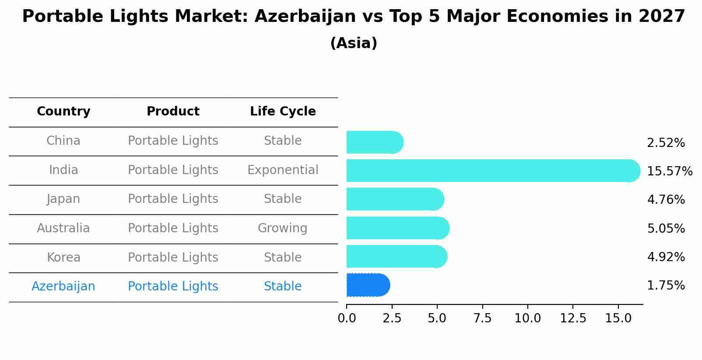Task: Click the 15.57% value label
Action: pos(670,171)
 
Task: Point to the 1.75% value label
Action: pos(666,286)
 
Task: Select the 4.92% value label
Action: pos(666,257)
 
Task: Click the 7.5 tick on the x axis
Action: pos(482,318)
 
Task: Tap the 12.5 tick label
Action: pos(573,318)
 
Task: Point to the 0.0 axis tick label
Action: pos(347,318)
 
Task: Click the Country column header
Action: pos(63,112)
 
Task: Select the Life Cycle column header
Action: pos(283,112)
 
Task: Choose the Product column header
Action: pos(173,112)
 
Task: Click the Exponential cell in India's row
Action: pos(283,170)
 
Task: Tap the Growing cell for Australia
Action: pos(282,228)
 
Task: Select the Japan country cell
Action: pos(63,199)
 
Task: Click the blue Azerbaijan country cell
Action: pos(63,286)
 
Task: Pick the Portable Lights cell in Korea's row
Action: pos(173,257)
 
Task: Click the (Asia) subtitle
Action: pos(354,43)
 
